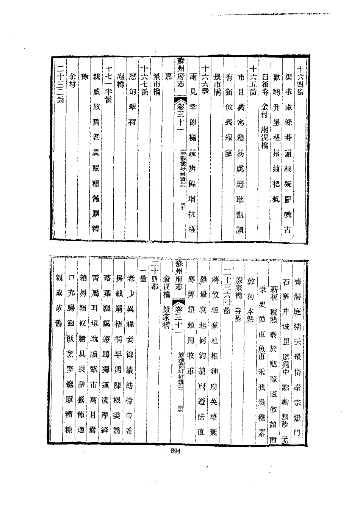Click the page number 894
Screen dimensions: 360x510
point(175,451)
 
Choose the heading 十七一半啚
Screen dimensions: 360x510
point(108,84)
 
